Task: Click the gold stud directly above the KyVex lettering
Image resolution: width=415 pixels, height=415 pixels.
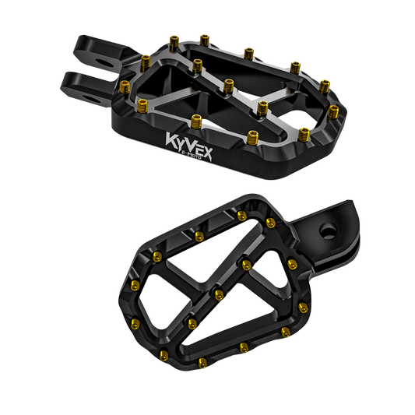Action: point(196,121)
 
